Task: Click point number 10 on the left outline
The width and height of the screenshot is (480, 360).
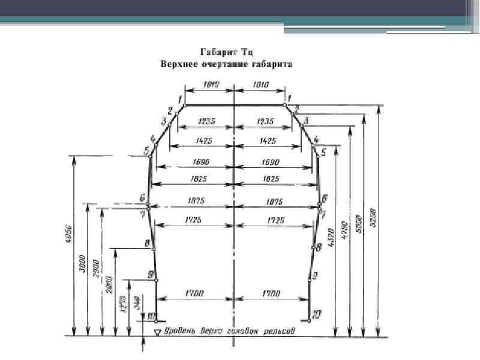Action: click(150, 316)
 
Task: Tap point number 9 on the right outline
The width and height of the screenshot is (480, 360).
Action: click(316, 274)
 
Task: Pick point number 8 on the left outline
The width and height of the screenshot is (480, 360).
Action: click(146, 243)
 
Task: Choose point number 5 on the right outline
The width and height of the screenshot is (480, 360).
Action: click(323, 152)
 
